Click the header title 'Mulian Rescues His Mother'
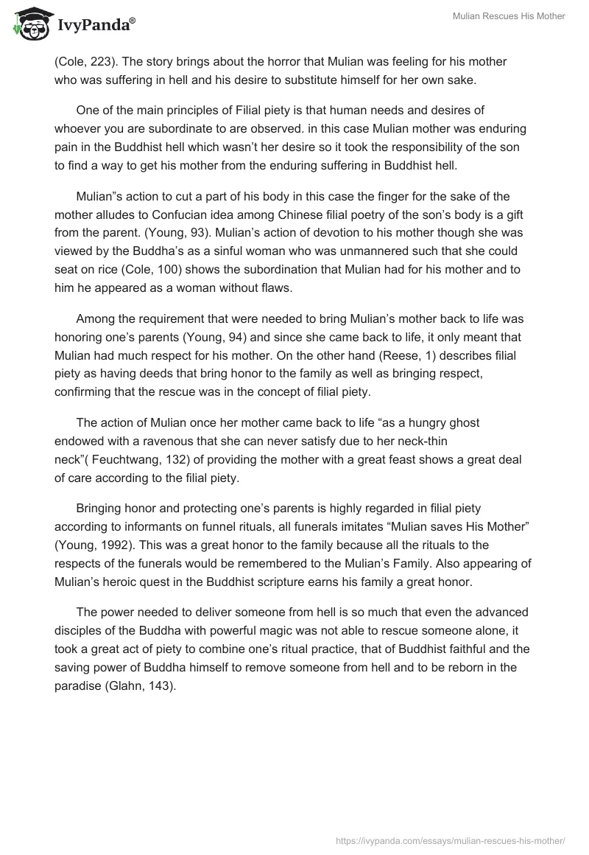point(507,16)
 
